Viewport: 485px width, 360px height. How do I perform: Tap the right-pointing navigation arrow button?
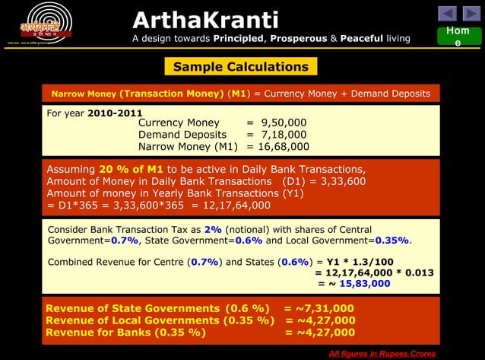coord(471,13)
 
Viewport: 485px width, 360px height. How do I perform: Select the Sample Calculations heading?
coord(240,67)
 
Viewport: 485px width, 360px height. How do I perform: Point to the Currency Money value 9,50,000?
coord(284,122)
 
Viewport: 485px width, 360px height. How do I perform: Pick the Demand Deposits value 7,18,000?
coord(284,134)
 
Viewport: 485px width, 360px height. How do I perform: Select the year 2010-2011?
coord(115,113)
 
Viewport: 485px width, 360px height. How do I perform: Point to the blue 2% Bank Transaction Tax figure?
coord(212,229)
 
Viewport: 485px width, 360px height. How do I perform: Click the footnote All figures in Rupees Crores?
coord(382,354)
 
